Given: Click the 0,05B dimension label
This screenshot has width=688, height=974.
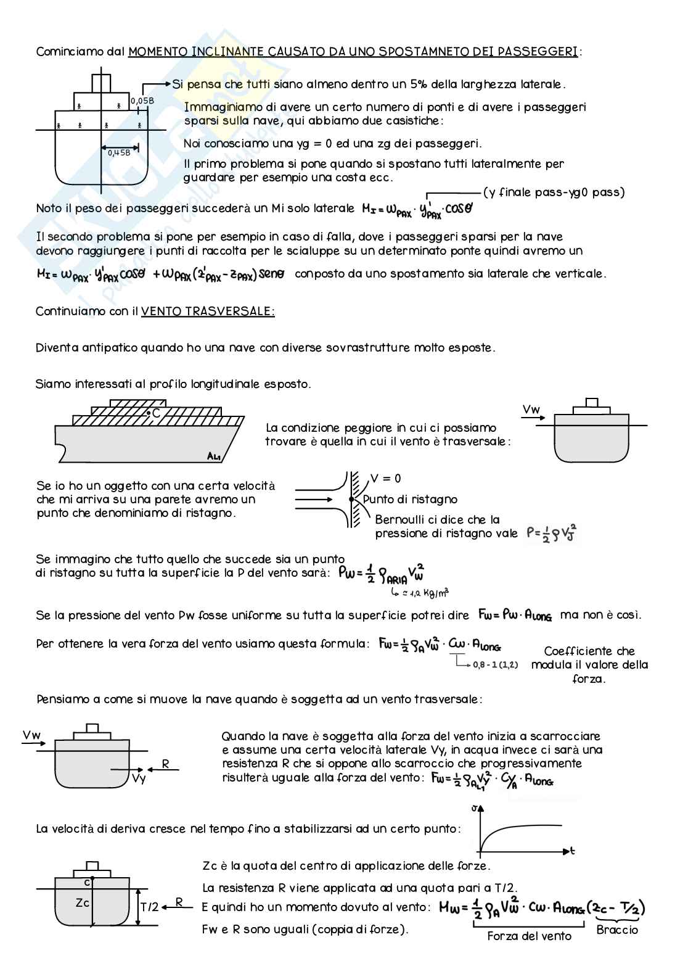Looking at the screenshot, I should (x=142, y=101).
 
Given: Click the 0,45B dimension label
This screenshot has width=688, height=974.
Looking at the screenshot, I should (x=119, y=152).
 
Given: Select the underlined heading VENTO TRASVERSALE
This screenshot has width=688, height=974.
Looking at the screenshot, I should (x=208, y=312).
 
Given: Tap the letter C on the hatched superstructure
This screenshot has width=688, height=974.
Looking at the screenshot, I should (x=156, y=413).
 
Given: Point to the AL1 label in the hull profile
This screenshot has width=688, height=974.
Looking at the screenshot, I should (x=214, y=456).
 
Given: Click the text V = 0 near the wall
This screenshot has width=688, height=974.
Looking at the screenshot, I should (x=386, y=479).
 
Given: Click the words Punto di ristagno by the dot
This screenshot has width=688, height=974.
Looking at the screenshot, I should (x=410, y=500).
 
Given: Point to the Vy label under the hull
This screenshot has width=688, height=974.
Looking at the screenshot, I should (x=139, y=778).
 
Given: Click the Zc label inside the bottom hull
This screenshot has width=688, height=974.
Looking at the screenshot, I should (x=83, y=902).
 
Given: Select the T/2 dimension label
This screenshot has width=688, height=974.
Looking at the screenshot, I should (x=149, y=907).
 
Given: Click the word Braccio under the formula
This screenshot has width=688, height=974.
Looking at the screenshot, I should (x=617, y=930).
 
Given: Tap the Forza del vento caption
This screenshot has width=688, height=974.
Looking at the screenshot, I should (x=529, y=936).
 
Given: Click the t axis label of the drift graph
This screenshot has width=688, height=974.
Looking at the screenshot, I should (x=573, y=851).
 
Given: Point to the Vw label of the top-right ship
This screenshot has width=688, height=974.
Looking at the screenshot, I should (x=531, y=410).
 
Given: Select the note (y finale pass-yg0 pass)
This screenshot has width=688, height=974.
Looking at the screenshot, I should (x=554, y=192).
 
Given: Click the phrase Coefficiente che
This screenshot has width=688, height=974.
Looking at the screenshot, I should (x=589, y=651).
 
